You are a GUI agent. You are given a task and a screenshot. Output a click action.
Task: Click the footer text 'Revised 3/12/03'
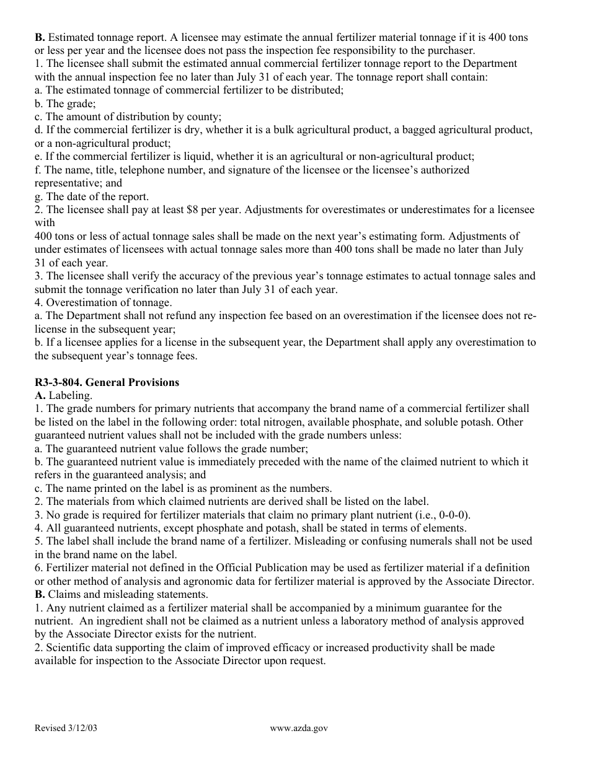pyautogui.click(x=66, y=729)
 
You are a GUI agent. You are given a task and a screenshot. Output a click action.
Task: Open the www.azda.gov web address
pyautogui.click(x=299, y=729)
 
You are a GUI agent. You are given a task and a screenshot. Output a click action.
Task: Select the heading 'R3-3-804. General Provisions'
pyautogui.click(x=107, y=382)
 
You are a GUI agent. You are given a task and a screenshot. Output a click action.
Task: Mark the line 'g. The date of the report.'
pyautogui.click(x=92, y=196)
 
